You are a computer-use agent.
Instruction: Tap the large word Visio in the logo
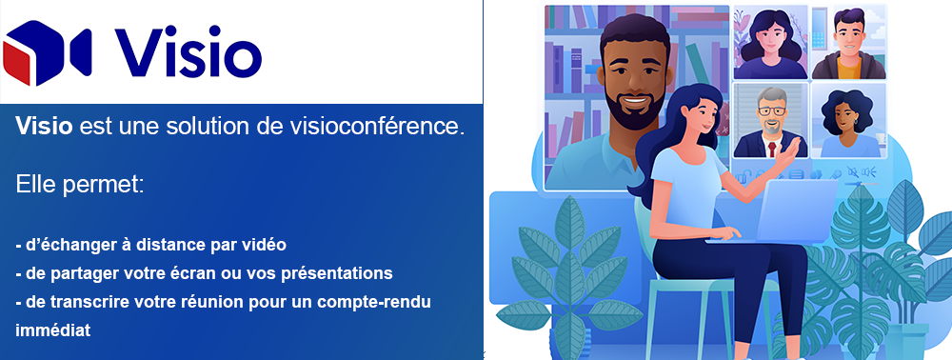[188, 53]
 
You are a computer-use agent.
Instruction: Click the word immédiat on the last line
[52, 330]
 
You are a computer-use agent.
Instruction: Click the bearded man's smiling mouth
[634, 101]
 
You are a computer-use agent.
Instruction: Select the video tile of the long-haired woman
[770, 43]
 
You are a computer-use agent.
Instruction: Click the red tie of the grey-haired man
[772, 150]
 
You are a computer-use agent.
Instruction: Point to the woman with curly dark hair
[848, 121]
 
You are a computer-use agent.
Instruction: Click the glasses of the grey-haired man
[770, 111]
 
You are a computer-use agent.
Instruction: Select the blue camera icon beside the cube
[80, 51]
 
